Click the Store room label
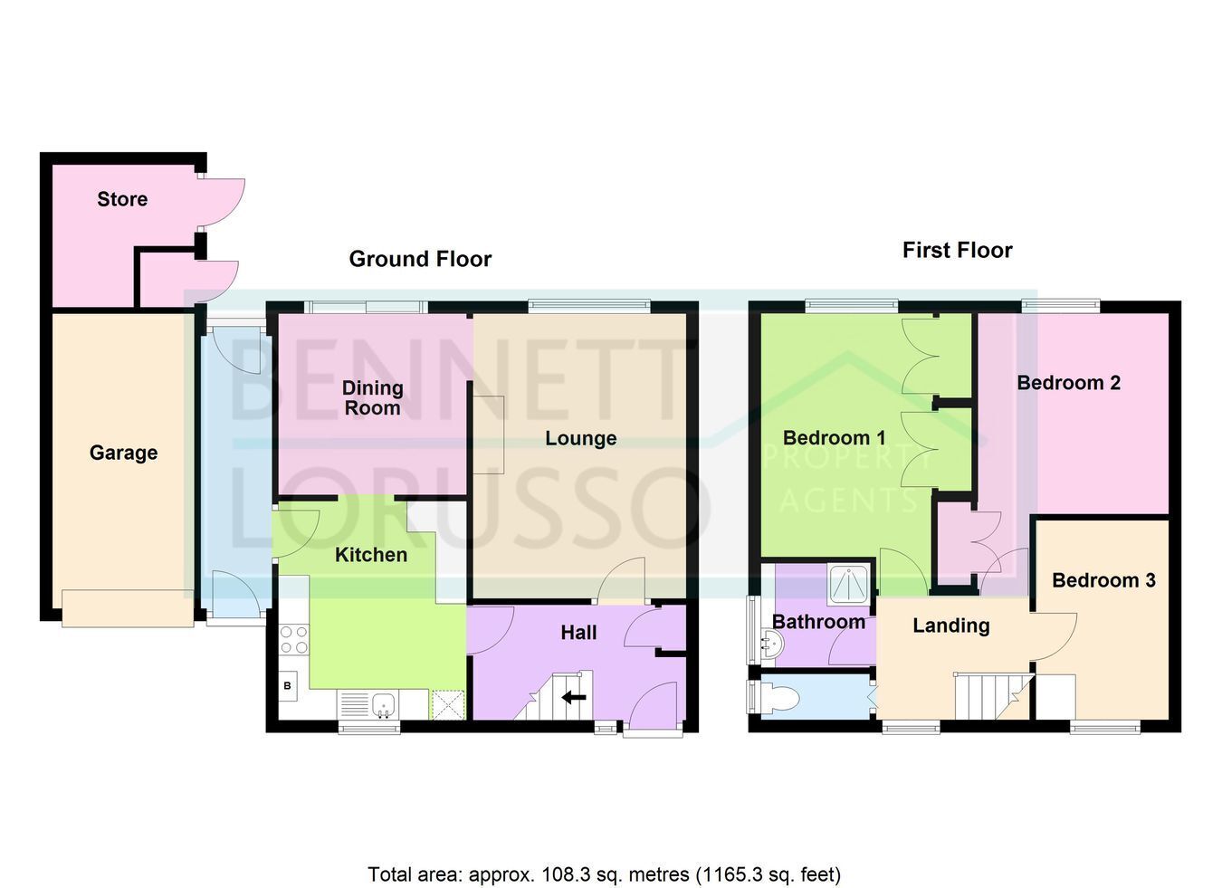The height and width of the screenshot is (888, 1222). (x=122, y=199)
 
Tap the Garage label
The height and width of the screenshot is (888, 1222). (x=123, y=453)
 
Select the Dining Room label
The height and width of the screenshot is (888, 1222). (x=373, y=397)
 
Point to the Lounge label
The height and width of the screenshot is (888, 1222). (x=581, y=438)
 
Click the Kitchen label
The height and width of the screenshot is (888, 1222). (x=371, y=555)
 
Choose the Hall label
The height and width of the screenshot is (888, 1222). (x=578, y=633)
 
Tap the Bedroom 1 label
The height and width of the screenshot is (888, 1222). (x=834, y=437)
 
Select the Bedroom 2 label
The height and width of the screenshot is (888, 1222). (x=1069, y=382)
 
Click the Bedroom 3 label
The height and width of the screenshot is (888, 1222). (x=1103, y=580)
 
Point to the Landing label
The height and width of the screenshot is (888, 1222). (x=951, y=625)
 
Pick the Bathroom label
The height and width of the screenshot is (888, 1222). (x=819, y=622)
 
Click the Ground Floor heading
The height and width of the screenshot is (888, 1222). (x=420, y=259)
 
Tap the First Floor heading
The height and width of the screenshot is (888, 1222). (x=958, y=250)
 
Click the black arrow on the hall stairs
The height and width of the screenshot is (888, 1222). (x=574, y=697)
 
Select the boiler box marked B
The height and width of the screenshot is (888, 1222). (x=288, y=686)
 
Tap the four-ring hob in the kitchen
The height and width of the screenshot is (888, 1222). (x=294, y=640)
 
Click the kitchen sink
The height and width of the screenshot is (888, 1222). (x=384, y=705)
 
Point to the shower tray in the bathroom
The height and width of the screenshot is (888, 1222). (x=849, y=584)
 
